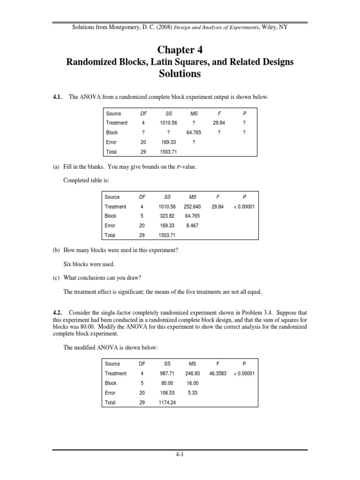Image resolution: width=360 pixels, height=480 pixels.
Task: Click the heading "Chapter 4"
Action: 180,50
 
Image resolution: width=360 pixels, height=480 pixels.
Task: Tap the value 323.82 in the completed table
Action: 167,216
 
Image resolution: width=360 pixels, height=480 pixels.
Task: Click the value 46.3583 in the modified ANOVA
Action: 218,374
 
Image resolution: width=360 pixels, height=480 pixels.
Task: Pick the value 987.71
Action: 167,374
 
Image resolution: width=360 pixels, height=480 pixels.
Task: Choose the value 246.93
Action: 192,374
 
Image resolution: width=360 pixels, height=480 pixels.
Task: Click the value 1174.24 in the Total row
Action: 167,403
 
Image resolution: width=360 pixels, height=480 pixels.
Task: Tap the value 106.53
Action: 167,393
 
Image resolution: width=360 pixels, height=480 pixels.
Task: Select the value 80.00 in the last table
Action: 167,383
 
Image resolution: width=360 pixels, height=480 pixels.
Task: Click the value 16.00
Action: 192,383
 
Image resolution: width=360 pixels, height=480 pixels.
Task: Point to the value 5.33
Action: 192,393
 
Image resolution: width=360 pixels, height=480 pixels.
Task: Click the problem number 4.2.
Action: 58,313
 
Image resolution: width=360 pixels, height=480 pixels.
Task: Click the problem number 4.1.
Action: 58,97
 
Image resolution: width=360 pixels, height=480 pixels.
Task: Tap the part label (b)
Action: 56,250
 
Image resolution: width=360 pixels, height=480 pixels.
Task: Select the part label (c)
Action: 56,278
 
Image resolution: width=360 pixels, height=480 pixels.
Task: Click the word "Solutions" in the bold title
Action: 180,74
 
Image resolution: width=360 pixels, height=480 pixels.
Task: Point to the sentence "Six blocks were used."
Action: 89,264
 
